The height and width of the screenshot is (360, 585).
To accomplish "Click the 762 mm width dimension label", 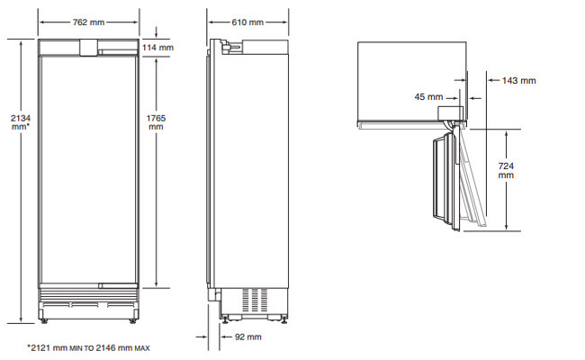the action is point(88,22).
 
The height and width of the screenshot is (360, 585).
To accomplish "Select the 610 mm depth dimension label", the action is point(247,22).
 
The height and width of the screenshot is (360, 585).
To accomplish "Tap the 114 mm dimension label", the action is point(157,48).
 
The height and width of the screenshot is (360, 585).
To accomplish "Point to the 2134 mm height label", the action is point(21,122).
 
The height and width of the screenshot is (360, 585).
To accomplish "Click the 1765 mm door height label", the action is point(156,122).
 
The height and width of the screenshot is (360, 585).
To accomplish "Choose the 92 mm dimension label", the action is point(248,337).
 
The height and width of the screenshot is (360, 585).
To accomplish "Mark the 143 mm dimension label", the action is point(519,81).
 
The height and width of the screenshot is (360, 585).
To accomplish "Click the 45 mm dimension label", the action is point(428,97).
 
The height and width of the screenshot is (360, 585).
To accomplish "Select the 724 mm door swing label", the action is point(506,170).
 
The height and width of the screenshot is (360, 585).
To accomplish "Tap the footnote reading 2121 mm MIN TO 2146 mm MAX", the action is point(88,348).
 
